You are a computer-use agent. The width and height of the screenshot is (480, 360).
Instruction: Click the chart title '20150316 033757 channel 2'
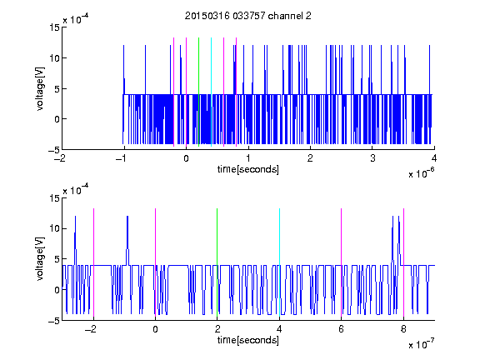point(248,16)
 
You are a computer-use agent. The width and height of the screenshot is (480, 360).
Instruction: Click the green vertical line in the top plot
point(198,92)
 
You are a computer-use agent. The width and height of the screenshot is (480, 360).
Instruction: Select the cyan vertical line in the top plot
point(211,92)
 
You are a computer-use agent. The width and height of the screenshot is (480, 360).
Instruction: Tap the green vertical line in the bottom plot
point(217,262)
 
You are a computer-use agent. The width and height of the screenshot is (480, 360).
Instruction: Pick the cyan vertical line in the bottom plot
point(279,262)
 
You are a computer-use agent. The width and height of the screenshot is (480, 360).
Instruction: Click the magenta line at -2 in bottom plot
point(93,262)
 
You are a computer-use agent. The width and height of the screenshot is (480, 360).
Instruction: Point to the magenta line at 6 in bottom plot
point(342,262)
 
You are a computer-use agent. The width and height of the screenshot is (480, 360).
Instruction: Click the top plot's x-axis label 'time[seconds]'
point(248,169)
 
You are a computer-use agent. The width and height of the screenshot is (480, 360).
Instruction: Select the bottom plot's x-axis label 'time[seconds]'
point(248,340)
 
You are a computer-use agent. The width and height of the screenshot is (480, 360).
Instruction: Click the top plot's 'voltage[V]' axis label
point(40,89)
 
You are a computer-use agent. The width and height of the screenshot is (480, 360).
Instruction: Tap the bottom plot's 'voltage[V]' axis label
point(40,259)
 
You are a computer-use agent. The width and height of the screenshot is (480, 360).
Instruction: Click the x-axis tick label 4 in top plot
point(434,158)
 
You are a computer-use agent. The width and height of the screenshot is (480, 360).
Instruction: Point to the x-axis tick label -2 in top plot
point(60,158)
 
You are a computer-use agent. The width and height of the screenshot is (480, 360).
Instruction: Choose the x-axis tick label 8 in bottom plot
point(403,329)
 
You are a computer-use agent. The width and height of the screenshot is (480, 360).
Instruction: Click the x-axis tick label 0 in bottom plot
point(155,329)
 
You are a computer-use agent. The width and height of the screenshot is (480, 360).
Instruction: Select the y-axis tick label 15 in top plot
point(54,27)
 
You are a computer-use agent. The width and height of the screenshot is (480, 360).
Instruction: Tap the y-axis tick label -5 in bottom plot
point(54,321)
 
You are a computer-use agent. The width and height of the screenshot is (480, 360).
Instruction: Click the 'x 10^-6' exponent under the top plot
point(421,172)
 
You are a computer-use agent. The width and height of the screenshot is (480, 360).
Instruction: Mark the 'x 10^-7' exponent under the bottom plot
point(421,343)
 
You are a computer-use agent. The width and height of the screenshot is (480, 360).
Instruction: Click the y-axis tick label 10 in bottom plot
point(54,228)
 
